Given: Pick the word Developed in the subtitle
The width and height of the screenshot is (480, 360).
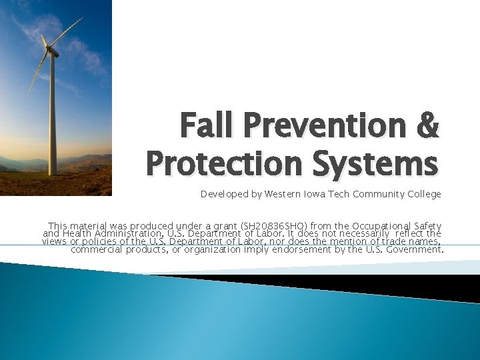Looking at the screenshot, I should (x=223, y=195).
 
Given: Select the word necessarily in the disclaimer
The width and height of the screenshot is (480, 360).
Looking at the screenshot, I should (x=367, y=235).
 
